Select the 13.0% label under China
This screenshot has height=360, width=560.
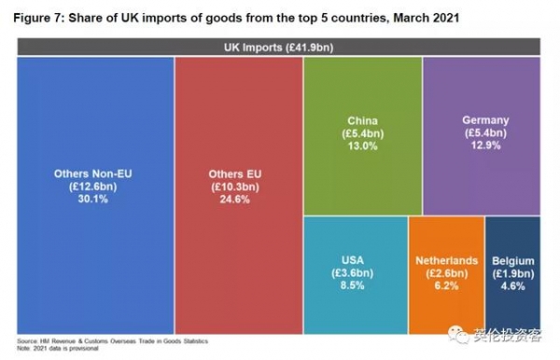[362, 146]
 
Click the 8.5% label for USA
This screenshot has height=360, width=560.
[356, 286]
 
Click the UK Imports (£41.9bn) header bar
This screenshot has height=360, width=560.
[280, 47]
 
